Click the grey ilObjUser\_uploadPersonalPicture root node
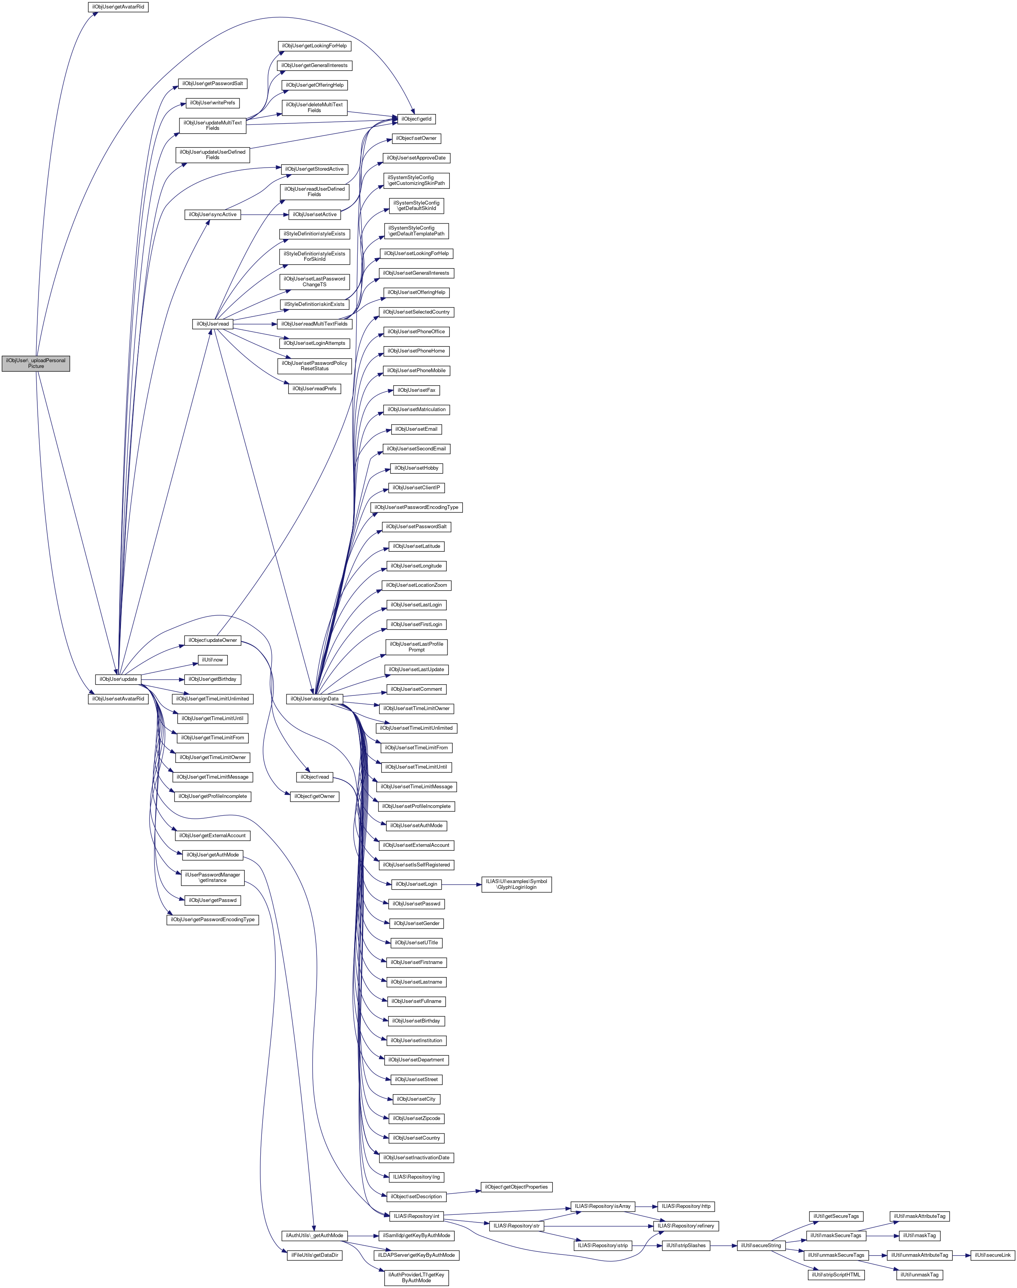(36, 363)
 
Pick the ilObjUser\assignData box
(314, 699)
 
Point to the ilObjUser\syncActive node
(213, 215)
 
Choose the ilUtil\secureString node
(761, 1246)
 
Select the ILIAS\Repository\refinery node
(685, 1226)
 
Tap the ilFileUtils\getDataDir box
(314, 1255)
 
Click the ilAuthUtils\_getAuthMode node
(314, 1236)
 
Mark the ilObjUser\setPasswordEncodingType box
(416, 507)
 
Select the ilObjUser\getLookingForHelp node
(314, 46)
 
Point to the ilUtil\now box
(213, 660)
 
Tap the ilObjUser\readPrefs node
(314, 388)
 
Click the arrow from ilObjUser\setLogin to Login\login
(461, 884)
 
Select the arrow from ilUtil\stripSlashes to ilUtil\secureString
(724, 1246)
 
